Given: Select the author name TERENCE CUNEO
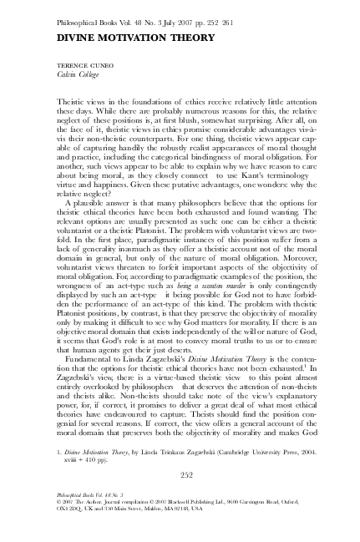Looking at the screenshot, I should pos(82,63).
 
